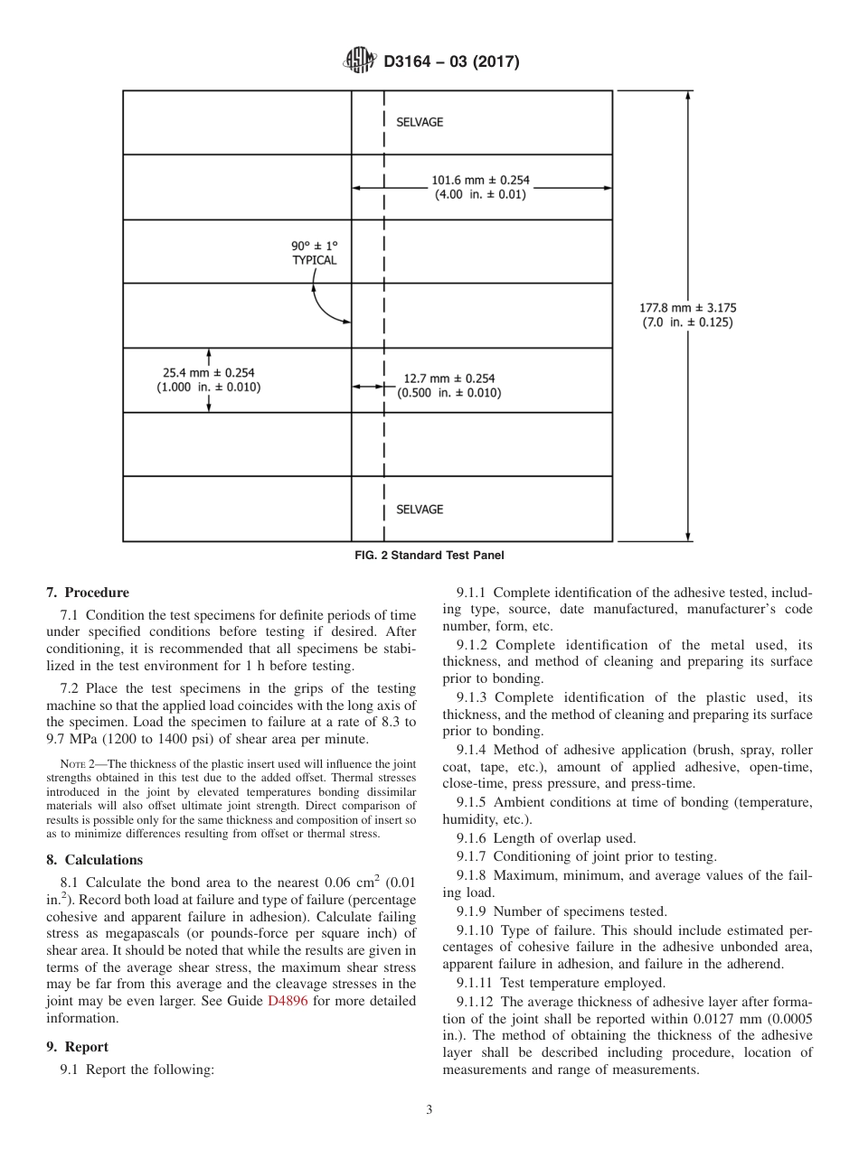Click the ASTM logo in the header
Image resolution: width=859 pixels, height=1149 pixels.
[360, 62]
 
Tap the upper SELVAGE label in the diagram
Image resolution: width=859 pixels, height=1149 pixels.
[420, 122]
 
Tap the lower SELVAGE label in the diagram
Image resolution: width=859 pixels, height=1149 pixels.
[420, 509]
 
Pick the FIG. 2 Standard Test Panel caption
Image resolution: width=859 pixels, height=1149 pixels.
[429, 556]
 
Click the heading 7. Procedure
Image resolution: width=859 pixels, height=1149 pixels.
[88, 593]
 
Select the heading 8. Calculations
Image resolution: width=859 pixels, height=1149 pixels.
[95, 860]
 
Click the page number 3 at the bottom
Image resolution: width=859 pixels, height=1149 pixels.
[429, 1110]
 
